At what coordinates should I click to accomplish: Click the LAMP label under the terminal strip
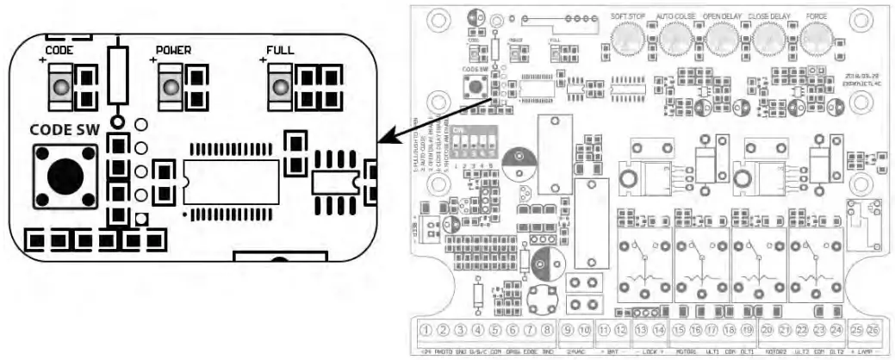pyautogui.click(x=866, y=351)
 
